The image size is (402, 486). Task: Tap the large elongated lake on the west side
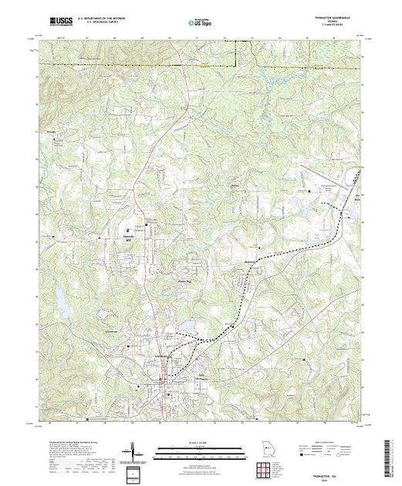click(x=59, y=293)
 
